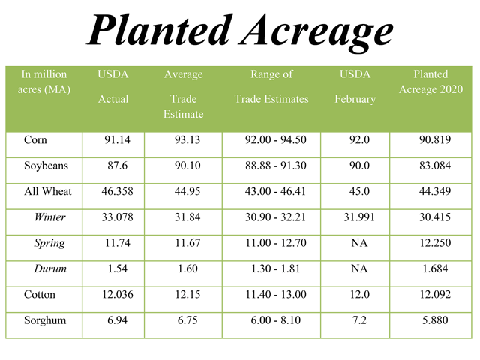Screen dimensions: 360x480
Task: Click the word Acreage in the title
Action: click(307, 31)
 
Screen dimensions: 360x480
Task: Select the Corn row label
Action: click(36, 140)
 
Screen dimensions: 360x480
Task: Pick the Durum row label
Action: click(49, 268)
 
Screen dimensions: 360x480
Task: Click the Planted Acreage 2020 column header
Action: click(430, 82)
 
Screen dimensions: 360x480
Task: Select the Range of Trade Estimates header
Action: click(271, 86)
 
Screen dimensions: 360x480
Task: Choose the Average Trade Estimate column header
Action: click(184, 94)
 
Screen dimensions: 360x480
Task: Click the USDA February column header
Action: click(355, 86)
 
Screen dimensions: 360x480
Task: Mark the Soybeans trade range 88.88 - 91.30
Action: click(271, 166)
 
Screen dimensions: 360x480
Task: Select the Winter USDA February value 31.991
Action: click(355, 217)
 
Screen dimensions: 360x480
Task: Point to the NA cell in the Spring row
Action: click(355, 243)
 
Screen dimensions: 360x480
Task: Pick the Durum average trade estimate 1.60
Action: click(184, 268)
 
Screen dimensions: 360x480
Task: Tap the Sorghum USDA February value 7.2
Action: click(355, 320)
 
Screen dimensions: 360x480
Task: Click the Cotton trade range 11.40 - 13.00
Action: click(271, 295)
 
